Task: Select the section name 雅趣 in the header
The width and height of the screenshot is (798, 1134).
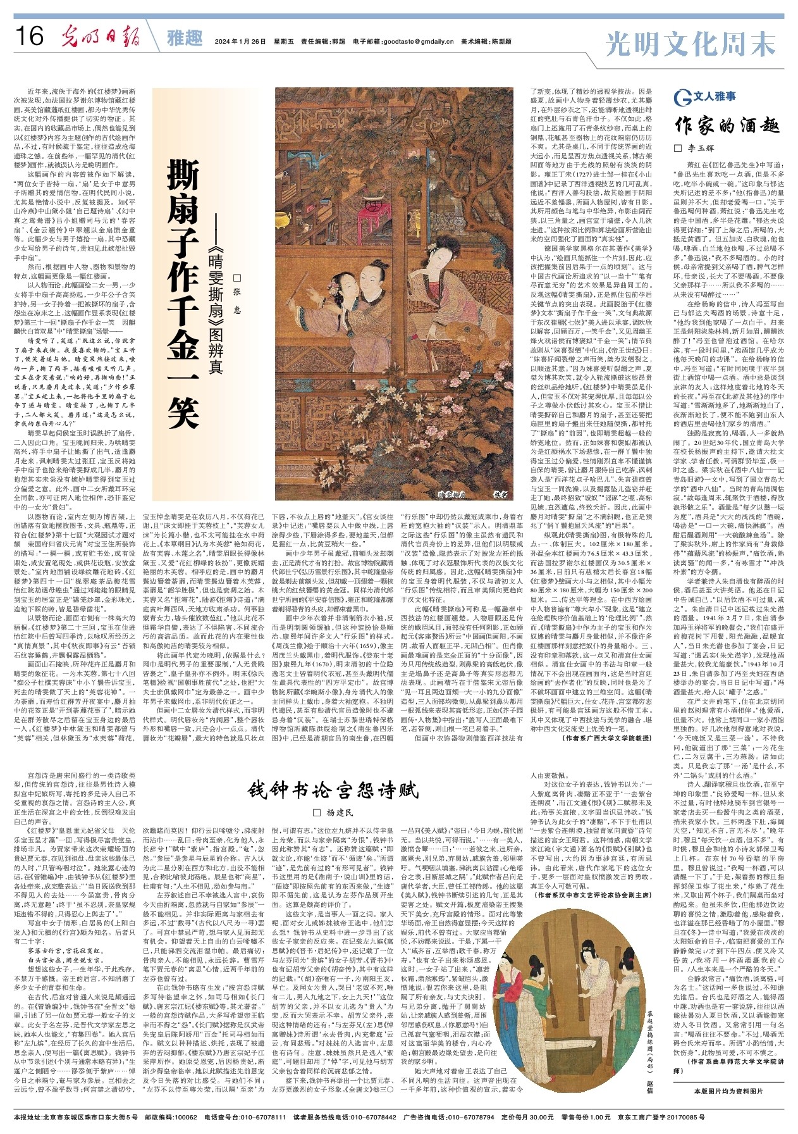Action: pyautogui.click(x=185, y=39)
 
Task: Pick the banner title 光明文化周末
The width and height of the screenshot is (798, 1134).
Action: pyautogui.click(x=690, y=45)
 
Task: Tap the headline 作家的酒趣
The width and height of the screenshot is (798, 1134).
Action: pyautogui.click(x=727, y=125)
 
